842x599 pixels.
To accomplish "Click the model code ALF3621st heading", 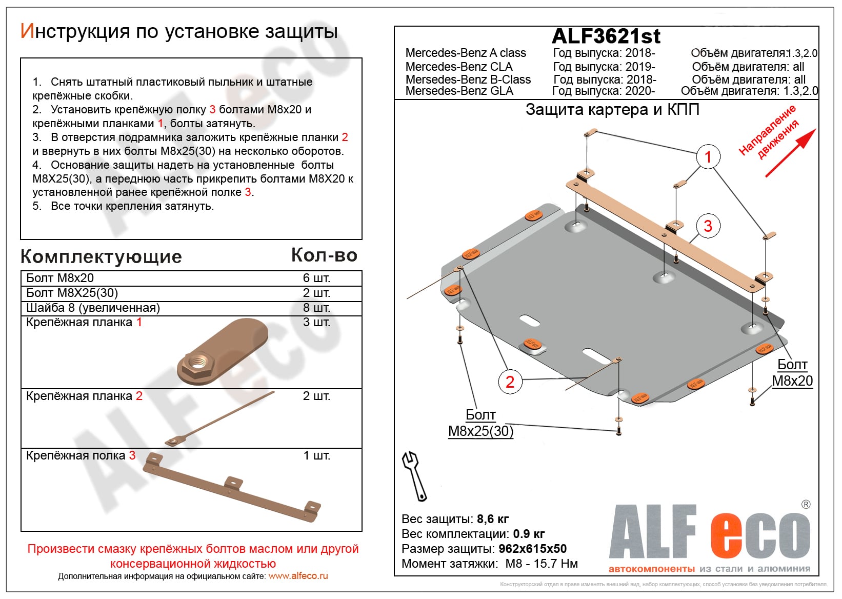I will [606, 36].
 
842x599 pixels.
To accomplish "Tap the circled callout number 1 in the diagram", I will [708, 157].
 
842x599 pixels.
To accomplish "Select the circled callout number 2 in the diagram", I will [510, 382].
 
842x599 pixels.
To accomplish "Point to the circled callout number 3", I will [708, 226].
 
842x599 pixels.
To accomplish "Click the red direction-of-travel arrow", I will [790, 153].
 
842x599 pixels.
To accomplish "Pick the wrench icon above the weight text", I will [414, 476].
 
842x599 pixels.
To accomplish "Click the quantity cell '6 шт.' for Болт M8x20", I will [316, 278].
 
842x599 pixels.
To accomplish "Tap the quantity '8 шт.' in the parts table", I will [316, 308].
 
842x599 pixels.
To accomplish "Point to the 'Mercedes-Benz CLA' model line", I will [459, 67].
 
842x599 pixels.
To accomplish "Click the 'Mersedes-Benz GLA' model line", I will [459, 91].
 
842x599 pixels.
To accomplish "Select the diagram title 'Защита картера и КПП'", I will [612, 110].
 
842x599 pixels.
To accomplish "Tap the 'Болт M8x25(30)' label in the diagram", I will [480, 423].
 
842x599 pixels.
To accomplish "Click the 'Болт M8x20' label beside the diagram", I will [792, 373].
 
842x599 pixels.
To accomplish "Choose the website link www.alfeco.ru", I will [298, 576].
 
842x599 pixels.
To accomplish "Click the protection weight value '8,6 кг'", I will [493, 519].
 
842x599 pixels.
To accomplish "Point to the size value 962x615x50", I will [532, 549].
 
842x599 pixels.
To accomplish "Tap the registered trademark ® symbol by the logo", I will [806, 505].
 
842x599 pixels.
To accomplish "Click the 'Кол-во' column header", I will [324, 255].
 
